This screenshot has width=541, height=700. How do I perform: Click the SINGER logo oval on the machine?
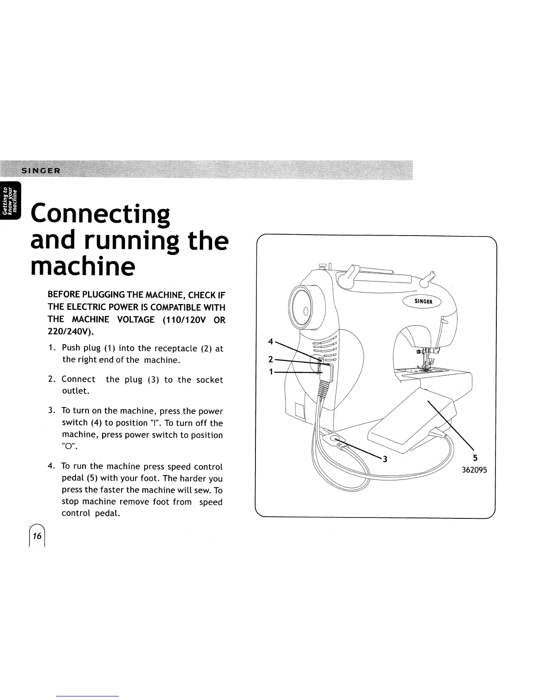[x=424, y=301]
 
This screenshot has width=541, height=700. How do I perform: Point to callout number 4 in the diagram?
[x=270, y=341]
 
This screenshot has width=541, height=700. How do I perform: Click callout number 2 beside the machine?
[x=270, y=358]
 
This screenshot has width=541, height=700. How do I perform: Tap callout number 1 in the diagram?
[x=270, y=372]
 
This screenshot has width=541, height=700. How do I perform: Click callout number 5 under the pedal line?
[x=475, y=458]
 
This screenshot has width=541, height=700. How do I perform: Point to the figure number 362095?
[x=474, y=470]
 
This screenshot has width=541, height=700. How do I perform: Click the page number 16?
[x=37, y=536]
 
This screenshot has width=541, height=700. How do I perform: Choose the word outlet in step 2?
[x=76, y=391]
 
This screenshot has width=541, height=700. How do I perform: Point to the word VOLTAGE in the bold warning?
[x=133, y=320]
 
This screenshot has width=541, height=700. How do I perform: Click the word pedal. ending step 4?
[x=107, y=514]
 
